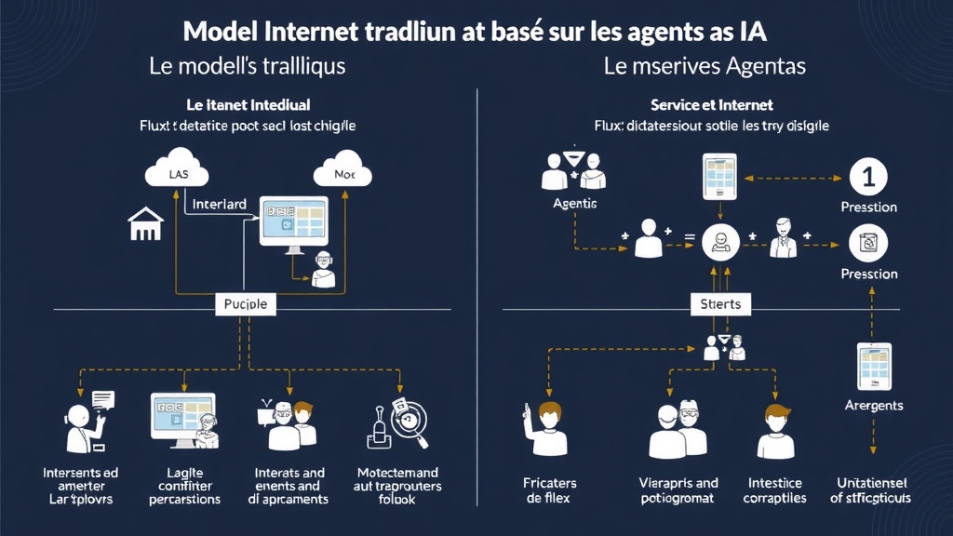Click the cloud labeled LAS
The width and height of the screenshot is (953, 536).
tap(177, 171)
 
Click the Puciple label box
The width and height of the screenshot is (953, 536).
tap(247, 303)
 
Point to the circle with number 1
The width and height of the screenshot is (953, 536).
tap(869, 176)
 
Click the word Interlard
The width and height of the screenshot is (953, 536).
tap(219, 203)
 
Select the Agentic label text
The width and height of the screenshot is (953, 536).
tap(575, 203)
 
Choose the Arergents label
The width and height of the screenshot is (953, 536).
tap(873, 406)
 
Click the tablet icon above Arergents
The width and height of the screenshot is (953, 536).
tap(873, 366)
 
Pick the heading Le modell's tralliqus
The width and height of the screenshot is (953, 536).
tap(247, 67)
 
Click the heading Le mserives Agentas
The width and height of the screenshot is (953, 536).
tap(705, 67)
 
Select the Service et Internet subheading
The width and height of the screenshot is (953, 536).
tap(712, 105)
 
